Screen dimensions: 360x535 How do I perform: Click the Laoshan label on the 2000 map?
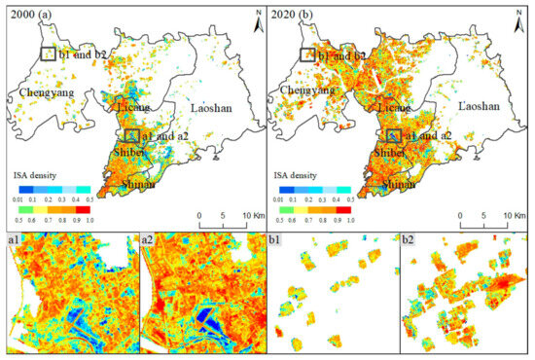point(210,107)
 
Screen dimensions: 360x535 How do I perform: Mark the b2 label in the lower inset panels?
point(410,239)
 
